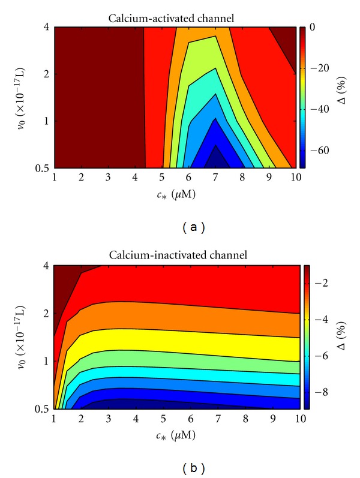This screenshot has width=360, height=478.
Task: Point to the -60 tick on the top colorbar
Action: (x=316, y=152)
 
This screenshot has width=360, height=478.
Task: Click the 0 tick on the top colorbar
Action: (x=314, y=28)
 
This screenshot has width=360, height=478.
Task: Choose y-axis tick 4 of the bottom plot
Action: (x=46, y=265)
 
